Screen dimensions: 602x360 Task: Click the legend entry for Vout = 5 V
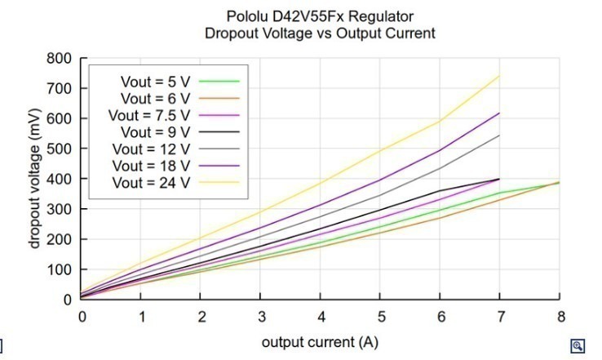(155, 82)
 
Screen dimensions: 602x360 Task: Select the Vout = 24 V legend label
(151, 183)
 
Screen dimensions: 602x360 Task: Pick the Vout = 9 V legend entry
(155, 132)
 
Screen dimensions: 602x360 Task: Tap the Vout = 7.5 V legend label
(149, 115)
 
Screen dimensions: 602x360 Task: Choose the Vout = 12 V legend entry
(151, 149)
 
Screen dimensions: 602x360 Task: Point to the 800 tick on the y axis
(59, 59)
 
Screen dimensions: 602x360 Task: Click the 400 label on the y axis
(59, 179)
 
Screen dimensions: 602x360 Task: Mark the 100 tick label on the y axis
(59, 269)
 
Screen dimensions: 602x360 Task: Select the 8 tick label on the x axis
(561, 317)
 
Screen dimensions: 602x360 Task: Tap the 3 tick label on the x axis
(262, 317)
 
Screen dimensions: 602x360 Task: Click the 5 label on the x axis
(381, 317)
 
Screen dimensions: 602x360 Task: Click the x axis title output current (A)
(321, 342)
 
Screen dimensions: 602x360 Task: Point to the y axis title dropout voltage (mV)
(34, 179)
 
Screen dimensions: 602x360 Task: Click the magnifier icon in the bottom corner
(578, 346)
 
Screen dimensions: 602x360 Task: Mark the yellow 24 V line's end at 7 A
(499, 76)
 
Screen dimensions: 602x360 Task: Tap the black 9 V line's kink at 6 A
(440, 191)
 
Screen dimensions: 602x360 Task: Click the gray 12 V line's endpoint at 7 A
(499, 136)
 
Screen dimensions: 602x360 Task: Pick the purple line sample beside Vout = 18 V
(219, 166)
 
